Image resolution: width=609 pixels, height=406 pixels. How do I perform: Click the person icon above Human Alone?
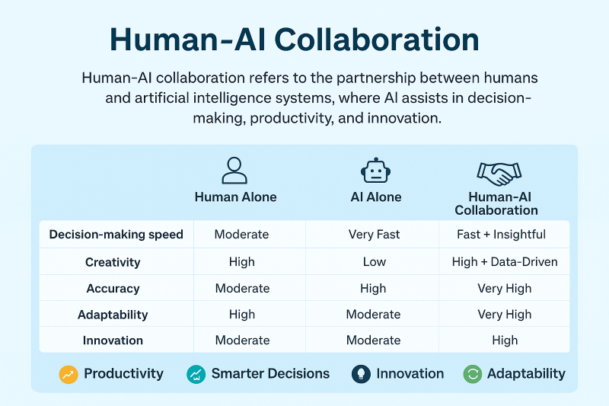234,171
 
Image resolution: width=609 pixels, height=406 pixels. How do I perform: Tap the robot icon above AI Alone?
375,170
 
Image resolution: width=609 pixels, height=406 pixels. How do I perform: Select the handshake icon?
499,173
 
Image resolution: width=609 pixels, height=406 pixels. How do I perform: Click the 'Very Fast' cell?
374,235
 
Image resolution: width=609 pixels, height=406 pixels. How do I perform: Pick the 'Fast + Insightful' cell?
501,235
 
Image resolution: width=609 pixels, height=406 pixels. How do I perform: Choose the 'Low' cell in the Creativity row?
375,262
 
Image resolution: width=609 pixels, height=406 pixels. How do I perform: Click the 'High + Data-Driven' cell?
505,262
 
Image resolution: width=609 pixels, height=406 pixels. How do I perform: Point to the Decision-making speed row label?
116,235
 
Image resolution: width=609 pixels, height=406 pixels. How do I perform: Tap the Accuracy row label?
113,289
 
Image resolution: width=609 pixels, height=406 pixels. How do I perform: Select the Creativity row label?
113,262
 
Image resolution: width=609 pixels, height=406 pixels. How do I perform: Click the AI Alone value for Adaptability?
373,315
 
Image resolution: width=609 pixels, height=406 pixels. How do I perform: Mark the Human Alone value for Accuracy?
242,288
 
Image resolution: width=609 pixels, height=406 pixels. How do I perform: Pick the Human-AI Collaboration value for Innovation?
505,340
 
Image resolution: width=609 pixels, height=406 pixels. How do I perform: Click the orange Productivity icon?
69,375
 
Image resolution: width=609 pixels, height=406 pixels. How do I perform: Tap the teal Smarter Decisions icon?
196,375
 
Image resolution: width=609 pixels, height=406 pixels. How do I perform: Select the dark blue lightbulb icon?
361,374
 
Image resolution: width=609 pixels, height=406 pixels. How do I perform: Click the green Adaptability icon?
473,374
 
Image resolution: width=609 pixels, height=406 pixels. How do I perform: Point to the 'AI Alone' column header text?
375,197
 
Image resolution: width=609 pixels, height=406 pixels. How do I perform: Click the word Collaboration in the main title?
377,40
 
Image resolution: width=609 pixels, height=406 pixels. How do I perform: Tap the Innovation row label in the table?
113,340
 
